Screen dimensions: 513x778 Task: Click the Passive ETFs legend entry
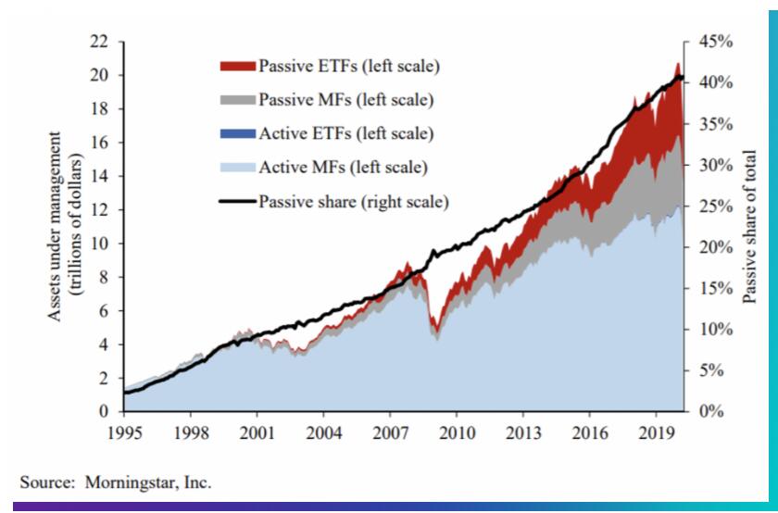(x=348, y=66)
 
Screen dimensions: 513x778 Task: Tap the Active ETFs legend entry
(x=345, y=133)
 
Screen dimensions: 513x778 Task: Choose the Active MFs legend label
(x=343, y=168)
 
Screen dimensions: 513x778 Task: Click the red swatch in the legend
(x=237, y=66)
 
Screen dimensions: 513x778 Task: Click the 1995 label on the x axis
(x=123, y=433)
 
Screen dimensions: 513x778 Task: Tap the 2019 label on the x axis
(x=657, y=433)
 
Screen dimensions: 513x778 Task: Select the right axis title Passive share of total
(x=750, y=227)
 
